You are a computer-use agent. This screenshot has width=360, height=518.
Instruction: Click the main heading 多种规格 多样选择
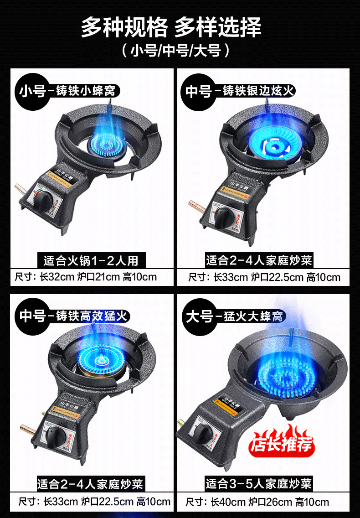pos(171,27)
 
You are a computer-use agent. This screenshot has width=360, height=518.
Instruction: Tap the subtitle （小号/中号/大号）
pos(175,50)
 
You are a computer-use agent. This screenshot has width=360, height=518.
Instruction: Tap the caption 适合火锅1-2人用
pos(91,261)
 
